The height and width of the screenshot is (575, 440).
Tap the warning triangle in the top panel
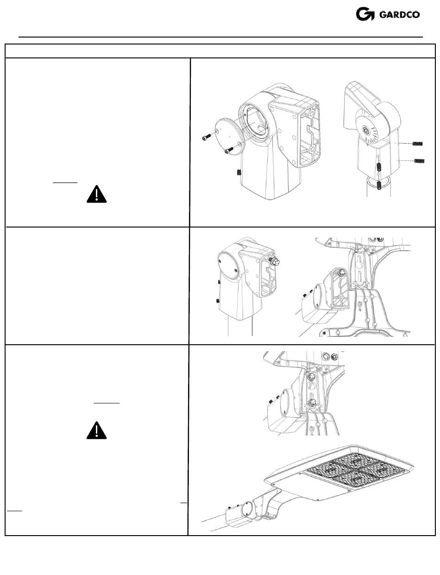(x=96, y=195)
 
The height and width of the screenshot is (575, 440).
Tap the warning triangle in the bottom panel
(x=96, y=431)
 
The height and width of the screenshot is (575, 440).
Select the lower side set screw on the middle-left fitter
(x=218, y=301)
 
